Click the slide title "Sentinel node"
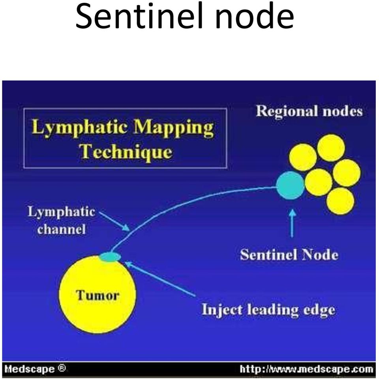185,16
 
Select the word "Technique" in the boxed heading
126,152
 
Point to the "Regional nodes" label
310,111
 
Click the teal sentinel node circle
290,185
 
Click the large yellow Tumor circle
98,294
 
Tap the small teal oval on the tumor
110,257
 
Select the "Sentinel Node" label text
289,255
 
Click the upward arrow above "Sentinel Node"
292,223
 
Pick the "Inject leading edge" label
268,309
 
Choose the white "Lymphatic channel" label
61,220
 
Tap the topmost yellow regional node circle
331,148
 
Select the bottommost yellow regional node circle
340,201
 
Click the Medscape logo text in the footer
30,369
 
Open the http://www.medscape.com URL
306,370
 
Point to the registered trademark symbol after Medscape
62,368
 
